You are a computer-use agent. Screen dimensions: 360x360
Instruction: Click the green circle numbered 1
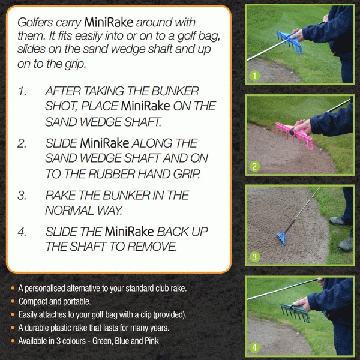(x=255, y=76)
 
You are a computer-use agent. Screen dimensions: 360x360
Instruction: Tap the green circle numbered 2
(x=255, y=167)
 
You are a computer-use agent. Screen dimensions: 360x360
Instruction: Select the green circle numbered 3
(x=255, y=257)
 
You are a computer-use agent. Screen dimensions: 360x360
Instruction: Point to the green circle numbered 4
(x=255, y=347)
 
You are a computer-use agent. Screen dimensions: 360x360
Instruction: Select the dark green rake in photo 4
(x=295, y=311)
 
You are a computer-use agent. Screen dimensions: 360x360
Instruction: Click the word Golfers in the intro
(x=35, y=22)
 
